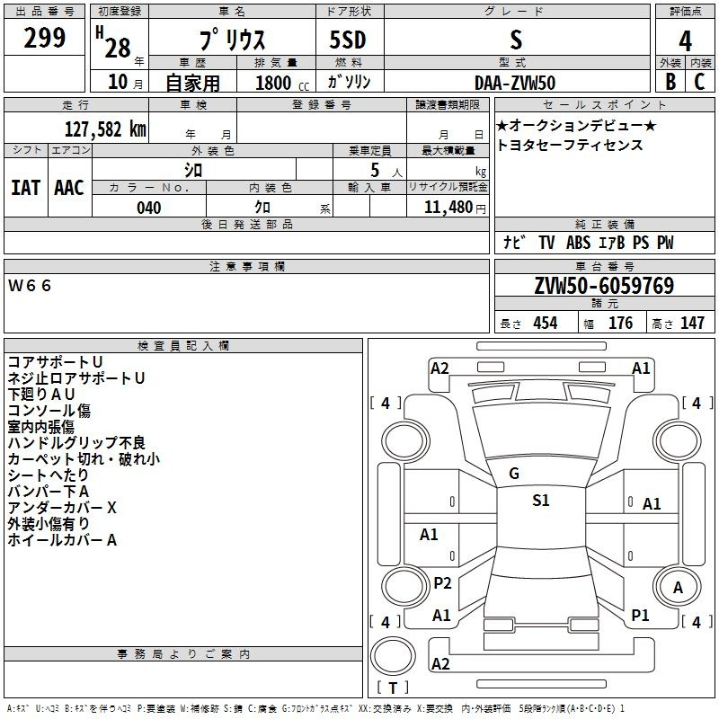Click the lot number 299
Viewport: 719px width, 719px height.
pyautogui.click(x=46, y=38)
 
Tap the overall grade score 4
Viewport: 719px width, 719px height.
pyautogui.click(x=685, y=40)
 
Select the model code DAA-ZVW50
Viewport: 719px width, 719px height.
pyautogui.click(x=514, y=83)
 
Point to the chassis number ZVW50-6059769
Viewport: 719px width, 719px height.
pyautogui.click(x=603, y=286)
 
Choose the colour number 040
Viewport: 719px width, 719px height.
pyautogui.click(x=148, y=208)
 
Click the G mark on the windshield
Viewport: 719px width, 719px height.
pyautogui.click(x=514, y=474)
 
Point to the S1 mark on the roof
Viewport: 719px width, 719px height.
pyautogui.click(x=540, y=501)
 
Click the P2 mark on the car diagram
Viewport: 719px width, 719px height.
pyautogui.click(x=442, y=583)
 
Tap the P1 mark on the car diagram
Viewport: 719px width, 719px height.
pyautogui.click(x=640, y=616)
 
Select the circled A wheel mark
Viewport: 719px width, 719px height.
pyautogui.click(x=679, y=588)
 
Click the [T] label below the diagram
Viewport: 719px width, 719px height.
pyautogui.click(x=393, y=688)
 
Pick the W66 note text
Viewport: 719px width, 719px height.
pyautogui.click(x=31, y=286)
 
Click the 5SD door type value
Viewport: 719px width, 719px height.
pyautogui.click(x=347, y=40)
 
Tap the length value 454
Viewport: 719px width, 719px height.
pyautogui.click(x=545, y=324)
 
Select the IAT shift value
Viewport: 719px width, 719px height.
pyautogui.click(x=25, y=187)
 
